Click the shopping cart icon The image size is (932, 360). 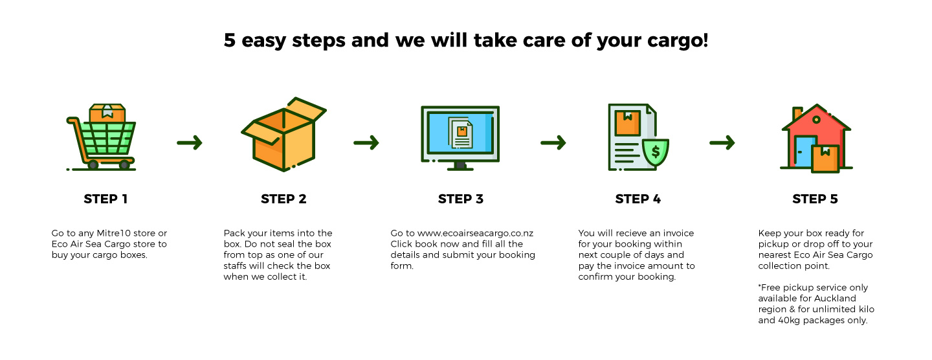(101, 137)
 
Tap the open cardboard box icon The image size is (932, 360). (283, 135)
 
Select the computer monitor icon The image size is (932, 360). (460, 138)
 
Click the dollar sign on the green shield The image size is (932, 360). (656, 152)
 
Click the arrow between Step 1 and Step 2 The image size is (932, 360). (190, 142)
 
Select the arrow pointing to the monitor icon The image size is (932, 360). (366, 142)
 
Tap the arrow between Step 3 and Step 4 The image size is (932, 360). (553, 142)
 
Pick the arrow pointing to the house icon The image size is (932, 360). (722, 142)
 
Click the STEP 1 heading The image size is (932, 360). (105, 199)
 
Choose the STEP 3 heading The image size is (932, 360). (461, 199)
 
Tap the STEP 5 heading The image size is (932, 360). (815, 199)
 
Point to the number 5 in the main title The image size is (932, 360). (230, 40)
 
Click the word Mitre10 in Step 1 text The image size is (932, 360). (114, 233)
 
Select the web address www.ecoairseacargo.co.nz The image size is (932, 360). (475, 234)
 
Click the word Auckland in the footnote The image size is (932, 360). (835, 298)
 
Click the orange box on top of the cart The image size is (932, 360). (107, 113)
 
